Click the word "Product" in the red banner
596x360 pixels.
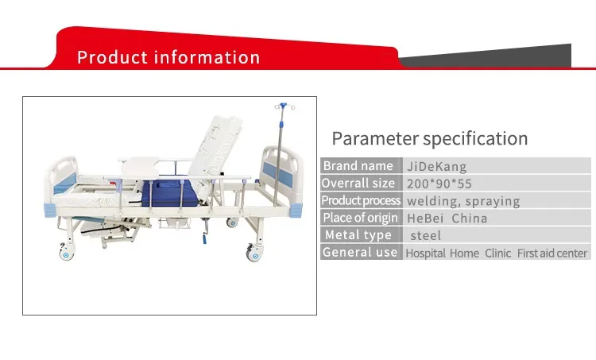(x=112, y=57)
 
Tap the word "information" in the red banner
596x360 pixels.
(x=207, y=57)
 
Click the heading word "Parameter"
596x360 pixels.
(x=375, y=138)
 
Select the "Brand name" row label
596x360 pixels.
(x=358, y=166)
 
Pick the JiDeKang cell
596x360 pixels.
(x=437, y=167)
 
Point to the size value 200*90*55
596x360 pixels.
(x=439, y=184)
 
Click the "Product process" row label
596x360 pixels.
(x=361, y=200)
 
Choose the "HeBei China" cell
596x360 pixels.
(x=447, y=219)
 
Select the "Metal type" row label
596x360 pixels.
(x=358, y=235)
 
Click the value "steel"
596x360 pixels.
(x=426, y=236)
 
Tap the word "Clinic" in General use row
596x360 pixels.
(x=497, y=254)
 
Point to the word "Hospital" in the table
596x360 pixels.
(x=425, y=254)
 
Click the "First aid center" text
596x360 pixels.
(x=552, y=254)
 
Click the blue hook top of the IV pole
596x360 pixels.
(x=283, y=106)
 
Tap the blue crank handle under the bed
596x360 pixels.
(x=204, y=239)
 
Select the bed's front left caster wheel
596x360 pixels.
(x=67, y=253)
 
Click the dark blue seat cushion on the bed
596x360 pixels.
(x=169, y=193)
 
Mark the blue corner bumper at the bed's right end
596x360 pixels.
(x=296, y=211)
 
